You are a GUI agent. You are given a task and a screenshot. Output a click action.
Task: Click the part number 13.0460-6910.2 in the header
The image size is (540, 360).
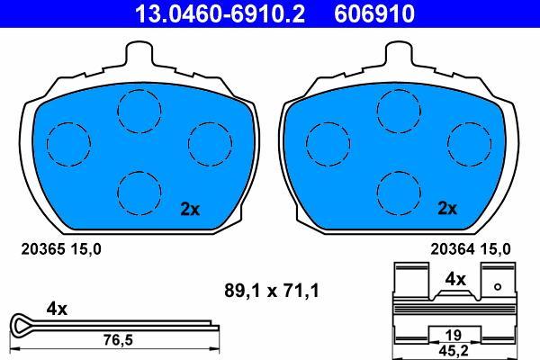[220, 13]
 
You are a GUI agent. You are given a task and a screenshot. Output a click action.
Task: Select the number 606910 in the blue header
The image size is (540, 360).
[374, 13]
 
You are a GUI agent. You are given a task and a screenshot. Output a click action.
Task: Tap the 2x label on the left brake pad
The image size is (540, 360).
[190, 209]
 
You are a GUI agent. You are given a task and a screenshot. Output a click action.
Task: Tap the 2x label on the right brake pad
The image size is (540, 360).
[447, 208]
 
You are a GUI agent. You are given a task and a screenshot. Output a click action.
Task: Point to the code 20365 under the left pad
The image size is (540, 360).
[43, 249]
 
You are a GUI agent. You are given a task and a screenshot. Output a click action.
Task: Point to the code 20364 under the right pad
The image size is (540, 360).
[452, 249]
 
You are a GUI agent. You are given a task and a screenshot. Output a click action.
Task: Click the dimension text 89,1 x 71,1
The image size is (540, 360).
[272, 291]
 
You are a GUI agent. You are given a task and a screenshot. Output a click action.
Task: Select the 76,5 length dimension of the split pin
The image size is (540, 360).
[118, 340]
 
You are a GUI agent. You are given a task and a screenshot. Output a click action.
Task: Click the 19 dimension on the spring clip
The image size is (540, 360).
[454, 334]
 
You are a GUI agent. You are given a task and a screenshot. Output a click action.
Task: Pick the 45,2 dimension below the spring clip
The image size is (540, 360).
[454, 351]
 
